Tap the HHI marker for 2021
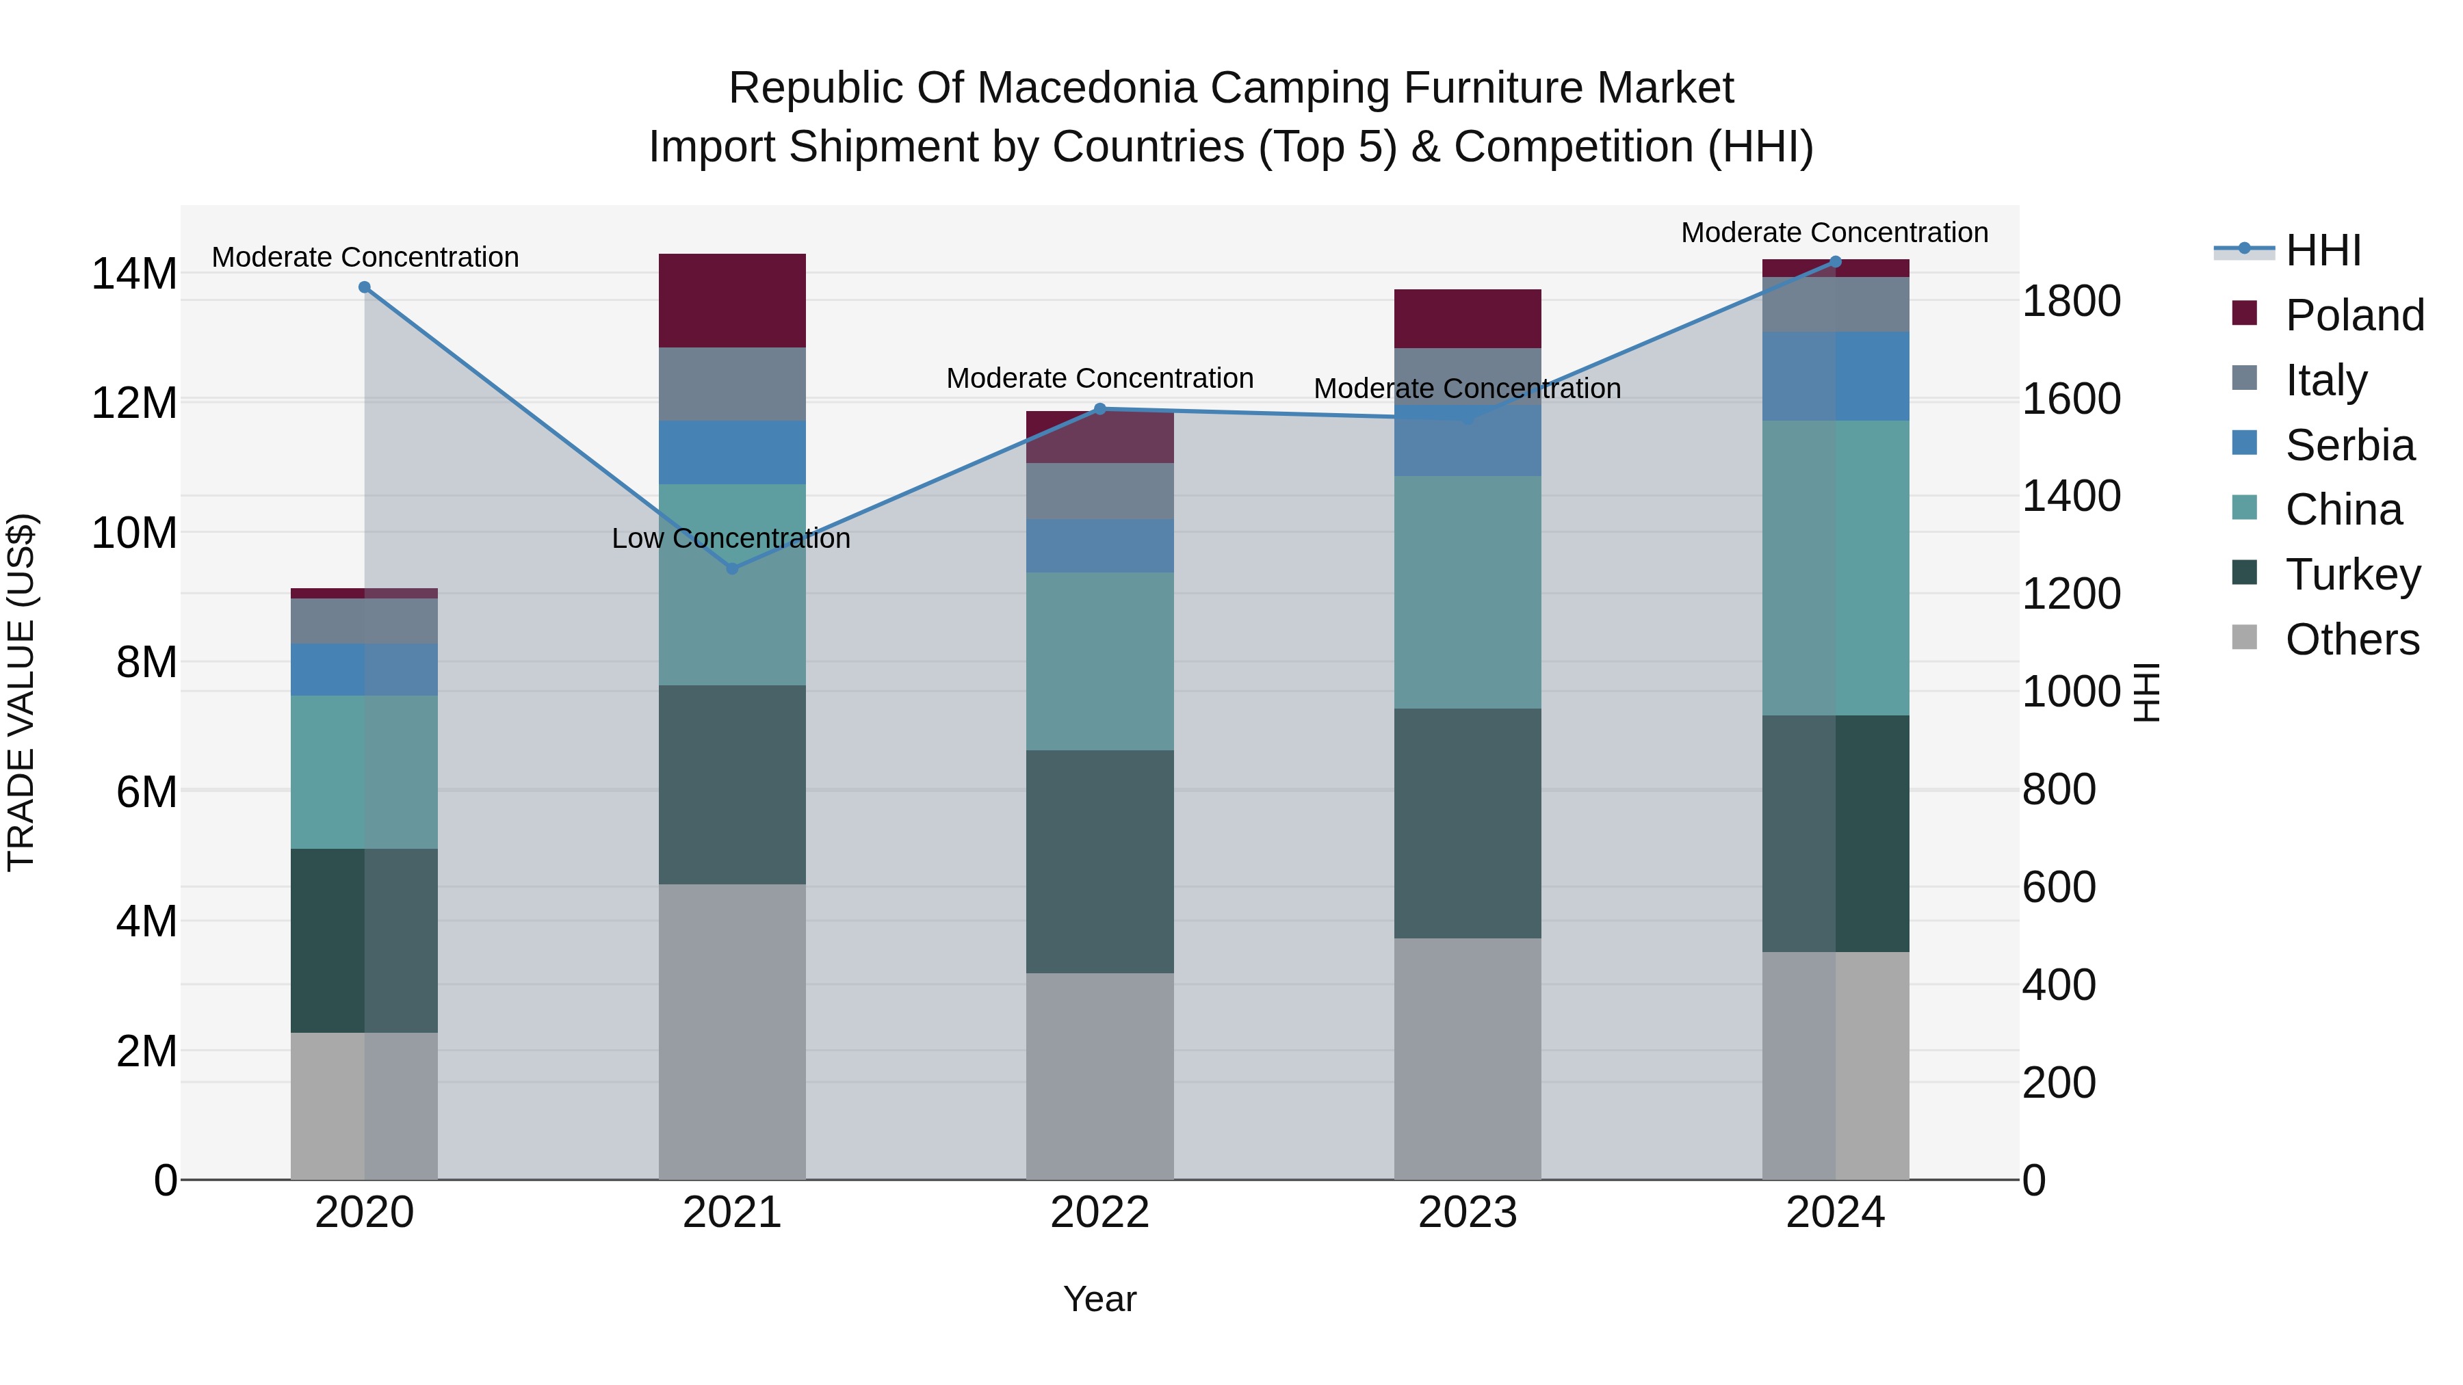[732, 569]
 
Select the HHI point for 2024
[1835, 262]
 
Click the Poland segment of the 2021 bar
[732, 300]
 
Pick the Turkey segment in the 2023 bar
[1468, 823]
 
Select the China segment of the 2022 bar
[1099, 661]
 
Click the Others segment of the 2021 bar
[732, 1031]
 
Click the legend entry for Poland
[2354, 315]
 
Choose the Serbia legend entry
[2349, 445]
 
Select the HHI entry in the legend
[2323, 250]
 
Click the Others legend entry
[2352, 639]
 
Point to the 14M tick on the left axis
[134, 274]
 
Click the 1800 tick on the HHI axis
[2071, 301]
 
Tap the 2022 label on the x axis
[1099, 1213]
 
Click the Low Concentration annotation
[731, 539]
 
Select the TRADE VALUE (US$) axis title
[21, 692]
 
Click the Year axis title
[1099, 1299]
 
